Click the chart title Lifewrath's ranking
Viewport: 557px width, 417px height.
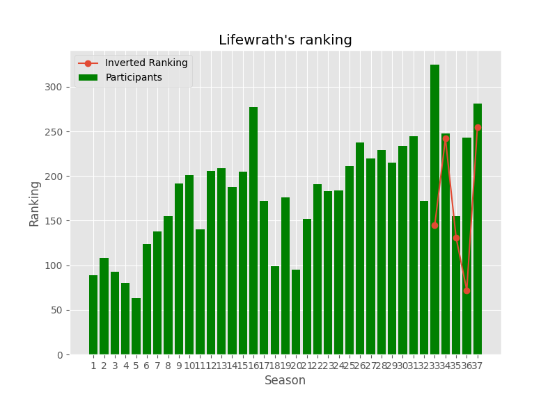[x=285, y=40]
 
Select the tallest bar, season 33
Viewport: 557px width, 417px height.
[x=434, y=208]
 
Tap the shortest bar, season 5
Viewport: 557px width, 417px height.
[x=136, y=327]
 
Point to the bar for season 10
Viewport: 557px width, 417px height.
[x=189, y=265]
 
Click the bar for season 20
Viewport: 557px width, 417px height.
[x=296, y=312]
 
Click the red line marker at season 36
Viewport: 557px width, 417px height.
[x=466, y=291]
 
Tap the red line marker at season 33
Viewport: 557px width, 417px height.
[x=434, y=225]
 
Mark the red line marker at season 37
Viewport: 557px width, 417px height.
[x=478, y=127]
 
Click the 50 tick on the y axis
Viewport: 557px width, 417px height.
[x=60, y=310]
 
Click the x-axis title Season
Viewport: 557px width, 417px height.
[x=285, y=381]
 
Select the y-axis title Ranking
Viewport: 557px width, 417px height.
[x=35, y=203]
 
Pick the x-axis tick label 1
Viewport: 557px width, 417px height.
[x=93, y=366]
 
